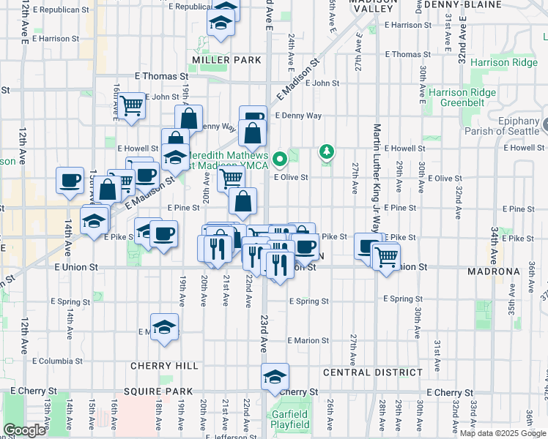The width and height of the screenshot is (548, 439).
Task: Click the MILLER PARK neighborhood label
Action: [x=216, y=59]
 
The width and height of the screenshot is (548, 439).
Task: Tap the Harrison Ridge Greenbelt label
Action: [x=463, y=97]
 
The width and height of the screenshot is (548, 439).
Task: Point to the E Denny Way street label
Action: [x=298, y=116]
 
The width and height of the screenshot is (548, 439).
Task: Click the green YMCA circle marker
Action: [x=280, y=158]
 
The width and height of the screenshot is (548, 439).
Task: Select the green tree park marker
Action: [x=326, y=151]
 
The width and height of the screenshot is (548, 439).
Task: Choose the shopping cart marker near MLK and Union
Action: [x=385, y=256]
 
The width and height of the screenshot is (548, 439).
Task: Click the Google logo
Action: [x=24, y=430]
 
